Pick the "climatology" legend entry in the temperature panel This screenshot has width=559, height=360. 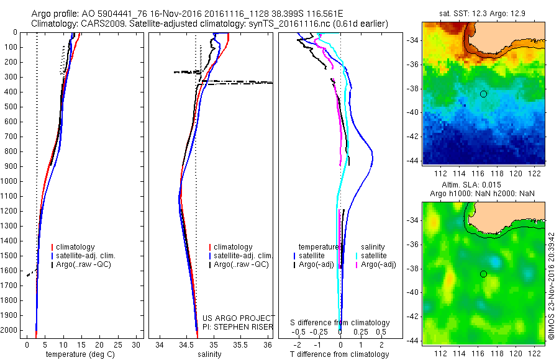(x=76, y=247)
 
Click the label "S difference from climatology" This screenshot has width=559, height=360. (x=340, y=323)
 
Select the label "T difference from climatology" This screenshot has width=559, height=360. (x=340, y=354)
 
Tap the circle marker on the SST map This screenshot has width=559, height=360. (x=483, y=94)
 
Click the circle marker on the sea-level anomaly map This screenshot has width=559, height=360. (x=483, y=274)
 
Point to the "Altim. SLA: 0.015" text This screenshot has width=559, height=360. (x=483, y=186)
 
